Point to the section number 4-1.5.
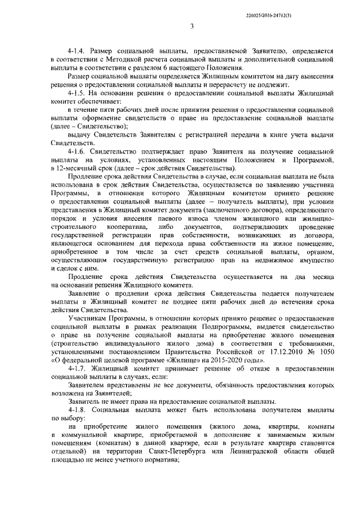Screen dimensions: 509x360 [x=77, y=92]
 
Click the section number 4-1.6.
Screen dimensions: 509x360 [x=77, y=152]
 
